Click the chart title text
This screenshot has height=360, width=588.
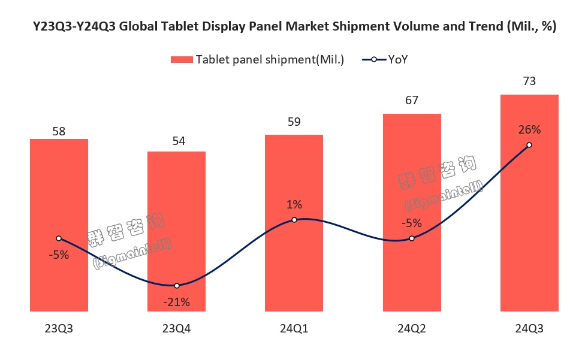[x=294, y=27]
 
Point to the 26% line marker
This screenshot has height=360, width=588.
[x=529, y=145]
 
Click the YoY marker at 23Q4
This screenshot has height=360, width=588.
[x=177, y=286]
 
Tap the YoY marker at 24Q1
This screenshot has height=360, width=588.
[x=294, y=220]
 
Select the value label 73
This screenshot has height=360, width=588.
[x=529, y=81]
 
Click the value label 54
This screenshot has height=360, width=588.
[x=177, y=141]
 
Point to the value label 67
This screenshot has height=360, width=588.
[x=412, y=100]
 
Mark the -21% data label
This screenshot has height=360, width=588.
[x=177, y=302]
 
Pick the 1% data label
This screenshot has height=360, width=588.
[x=294, y=205]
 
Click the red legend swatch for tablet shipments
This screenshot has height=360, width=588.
[x=182, y=59]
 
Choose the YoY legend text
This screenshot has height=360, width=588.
[x=398, y=59]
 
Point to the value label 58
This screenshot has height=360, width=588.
[x=59, y=131]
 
